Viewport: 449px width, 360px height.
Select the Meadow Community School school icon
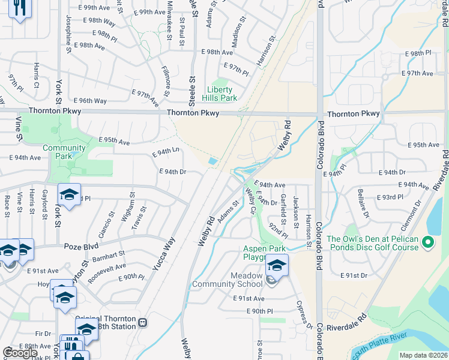(277, 264)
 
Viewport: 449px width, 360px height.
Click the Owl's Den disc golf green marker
(427, 243)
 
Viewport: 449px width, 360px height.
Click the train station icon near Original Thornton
(142, 322)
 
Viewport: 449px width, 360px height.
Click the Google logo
(20, 352)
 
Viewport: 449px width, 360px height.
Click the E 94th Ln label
(166, 152)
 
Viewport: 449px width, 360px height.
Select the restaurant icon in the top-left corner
(20, 8)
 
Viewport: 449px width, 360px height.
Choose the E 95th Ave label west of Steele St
(113, 142)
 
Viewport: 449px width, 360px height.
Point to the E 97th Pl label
(236, 69)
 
